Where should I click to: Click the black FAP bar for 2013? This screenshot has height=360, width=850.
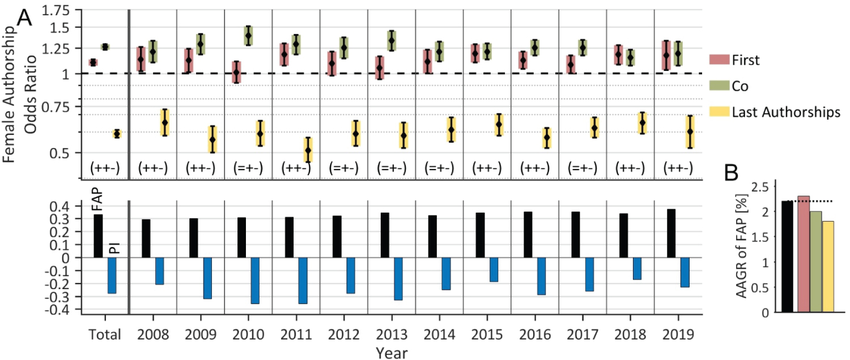click(x=385, y=235)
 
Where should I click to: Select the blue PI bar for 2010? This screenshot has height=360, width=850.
click(x=255, y=281)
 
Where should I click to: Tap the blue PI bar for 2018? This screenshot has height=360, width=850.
click(x=637, y=268)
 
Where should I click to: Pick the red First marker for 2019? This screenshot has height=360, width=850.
click(x=666, y=56)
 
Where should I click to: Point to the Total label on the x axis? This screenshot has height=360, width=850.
click(x=105, y=334)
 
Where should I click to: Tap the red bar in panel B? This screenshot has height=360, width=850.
click(x=803, y=254)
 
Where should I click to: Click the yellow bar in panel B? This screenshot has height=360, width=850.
click(x=828, y=266)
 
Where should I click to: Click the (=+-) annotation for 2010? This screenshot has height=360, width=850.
click(x=248, y=168)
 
